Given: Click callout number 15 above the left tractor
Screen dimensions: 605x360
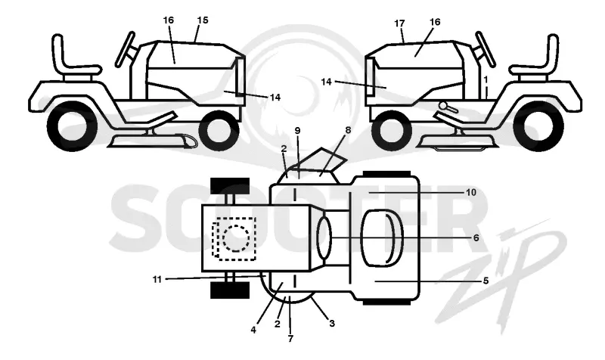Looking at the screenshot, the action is point(202,20).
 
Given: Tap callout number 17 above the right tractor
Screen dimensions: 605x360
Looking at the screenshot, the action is point(400,23).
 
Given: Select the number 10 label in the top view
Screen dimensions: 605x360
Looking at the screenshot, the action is point(471,192).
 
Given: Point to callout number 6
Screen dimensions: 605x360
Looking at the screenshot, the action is point(476,237).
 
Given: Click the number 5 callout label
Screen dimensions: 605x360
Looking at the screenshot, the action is point(486,281).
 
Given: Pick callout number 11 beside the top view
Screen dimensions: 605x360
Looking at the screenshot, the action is point(157,279).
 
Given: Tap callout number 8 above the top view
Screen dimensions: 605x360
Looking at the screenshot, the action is point(348,130).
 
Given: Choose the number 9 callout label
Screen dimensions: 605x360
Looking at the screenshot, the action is point(297,130).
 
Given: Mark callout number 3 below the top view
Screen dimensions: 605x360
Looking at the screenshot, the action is point(332,324).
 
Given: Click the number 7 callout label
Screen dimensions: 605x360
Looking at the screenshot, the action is point(290,338).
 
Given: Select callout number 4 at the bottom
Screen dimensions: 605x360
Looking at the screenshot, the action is point(253,330).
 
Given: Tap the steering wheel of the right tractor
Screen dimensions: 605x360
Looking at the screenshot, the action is point(485,49).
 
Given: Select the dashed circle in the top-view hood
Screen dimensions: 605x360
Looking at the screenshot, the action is point(236,238).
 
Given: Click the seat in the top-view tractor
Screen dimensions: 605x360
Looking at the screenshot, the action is point(382,238).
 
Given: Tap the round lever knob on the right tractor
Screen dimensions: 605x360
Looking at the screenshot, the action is point(443,104).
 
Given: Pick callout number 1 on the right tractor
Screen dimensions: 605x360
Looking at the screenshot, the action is point(486,79).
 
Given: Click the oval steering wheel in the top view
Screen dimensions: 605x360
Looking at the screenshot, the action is point(324,238).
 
